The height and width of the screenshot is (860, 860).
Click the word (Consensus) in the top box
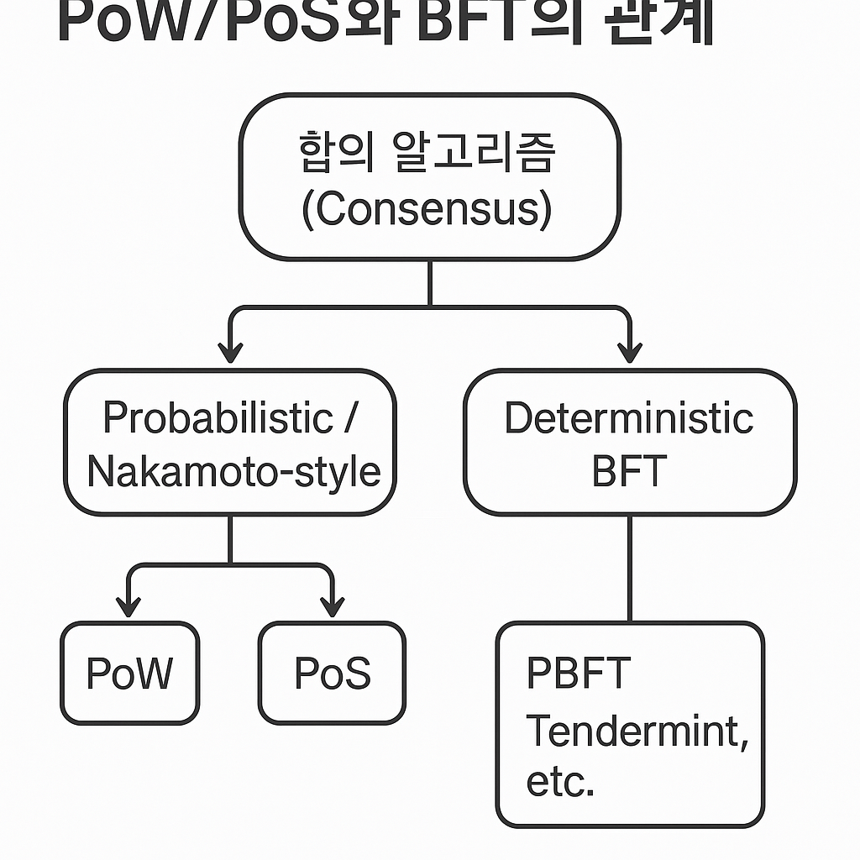pyautogui.click(x=427, y=209)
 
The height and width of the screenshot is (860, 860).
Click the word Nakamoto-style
pyautogui.click(x=233, y=471)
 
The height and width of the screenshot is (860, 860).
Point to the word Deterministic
pyautogui.click(x=629, y=417)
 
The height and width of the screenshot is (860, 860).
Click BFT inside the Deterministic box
pyautogui.click(x=629, y=471)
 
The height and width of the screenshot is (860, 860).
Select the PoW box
pyautogui.click(x=130, y=674)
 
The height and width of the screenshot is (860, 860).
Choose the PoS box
pyautogui.click(x=332, y=674)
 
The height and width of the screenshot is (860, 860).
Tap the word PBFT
pyautogui.click(x=579, y=674)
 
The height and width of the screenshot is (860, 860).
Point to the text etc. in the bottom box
pyautogui.click(x=560, y=782)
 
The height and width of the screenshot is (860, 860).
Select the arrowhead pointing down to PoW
pyautogui.click(x=128, y=605)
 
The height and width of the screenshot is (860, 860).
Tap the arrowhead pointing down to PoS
pyautogui.click(x=333, y=605)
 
